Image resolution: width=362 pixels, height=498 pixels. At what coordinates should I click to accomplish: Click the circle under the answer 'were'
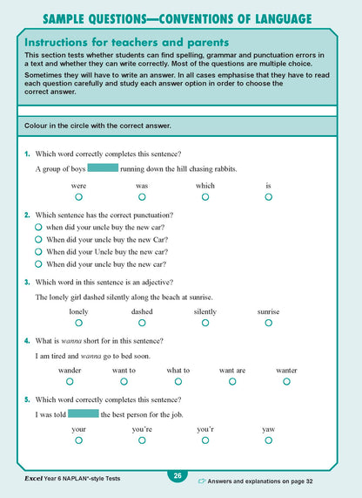[78, 197]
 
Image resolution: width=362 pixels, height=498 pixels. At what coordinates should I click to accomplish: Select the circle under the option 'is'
[269, 197]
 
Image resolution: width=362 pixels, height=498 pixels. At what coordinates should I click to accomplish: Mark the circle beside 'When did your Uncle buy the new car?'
[38, 251]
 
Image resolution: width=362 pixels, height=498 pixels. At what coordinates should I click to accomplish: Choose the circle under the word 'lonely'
[78, 323]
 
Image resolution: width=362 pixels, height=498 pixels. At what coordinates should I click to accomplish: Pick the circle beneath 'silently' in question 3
[205, 323]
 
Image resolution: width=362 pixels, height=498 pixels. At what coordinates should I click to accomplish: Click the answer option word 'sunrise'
[269, 311]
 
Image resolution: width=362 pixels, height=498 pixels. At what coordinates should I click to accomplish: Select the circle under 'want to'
[124, 381]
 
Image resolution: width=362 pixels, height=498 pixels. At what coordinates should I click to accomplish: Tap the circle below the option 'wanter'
[286, 381]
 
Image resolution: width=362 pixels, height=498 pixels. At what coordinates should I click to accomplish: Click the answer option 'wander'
[70, 370]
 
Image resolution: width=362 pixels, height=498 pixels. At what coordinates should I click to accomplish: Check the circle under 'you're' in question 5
[142, 440]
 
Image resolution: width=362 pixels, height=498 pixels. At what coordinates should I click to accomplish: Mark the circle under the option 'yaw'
[269, 440]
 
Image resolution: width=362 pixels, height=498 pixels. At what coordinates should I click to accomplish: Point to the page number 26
[177, 476]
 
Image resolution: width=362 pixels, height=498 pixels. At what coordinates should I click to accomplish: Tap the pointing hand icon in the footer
[202, 480]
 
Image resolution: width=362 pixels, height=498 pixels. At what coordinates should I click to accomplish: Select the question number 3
[28, 282]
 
